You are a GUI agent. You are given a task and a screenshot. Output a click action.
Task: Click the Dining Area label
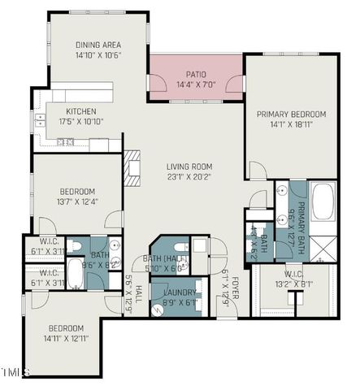[x=98, y=45]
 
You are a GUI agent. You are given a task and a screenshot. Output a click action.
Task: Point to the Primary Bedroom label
[x=291, y=115]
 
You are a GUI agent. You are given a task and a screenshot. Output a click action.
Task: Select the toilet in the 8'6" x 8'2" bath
[x=72, y=245]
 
